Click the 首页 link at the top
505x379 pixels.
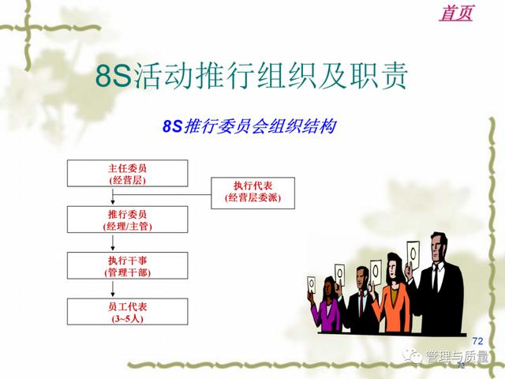456,13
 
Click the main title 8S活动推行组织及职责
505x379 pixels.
252,76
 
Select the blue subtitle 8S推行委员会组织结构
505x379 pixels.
249,126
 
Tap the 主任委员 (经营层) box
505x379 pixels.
128,174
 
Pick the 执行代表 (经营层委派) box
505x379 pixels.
252,193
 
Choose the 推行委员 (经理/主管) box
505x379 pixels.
128,220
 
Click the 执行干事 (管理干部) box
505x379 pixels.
128,265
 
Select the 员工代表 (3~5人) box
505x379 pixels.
128,312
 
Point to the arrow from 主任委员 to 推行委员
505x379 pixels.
113,197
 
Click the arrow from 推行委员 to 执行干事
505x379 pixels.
113,242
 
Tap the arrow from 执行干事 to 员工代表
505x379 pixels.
113,289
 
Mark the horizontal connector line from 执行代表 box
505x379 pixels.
162,194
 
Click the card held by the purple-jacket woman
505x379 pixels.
312,284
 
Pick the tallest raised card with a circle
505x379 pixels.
413,255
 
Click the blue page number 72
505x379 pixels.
477,340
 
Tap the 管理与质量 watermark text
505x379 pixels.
456,356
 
